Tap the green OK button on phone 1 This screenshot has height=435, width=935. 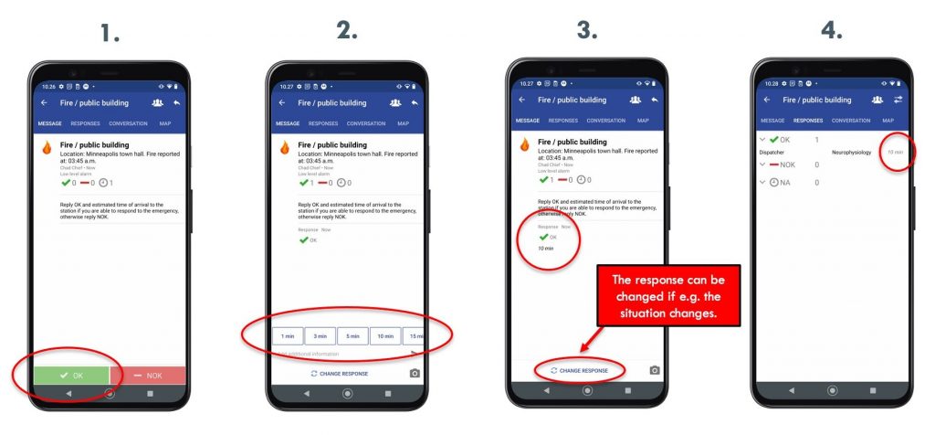tap(71, 375)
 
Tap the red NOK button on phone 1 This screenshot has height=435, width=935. tap(148, 375)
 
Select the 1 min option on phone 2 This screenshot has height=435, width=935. tap(287, 335)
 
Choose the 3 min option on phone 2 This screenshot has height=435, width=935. tap(320, 335)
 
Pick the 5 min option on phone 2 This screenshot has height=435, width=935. tap(352, 335)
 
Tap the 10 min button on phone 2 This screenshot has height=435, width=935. tap(384, 335)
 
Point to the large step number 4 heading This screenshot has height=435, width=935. tap(831, 30)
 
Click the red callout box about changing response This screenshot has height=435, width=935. tap(667, 292)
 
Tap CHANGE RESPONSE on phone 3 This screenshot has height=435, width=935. tap(580, 370)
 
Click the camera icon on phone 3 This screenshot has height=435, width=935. tap(654, 370)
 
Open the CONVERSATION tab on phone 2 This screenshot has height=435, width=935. tap(366, 123)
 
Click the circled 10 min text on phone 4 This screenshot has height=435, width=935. tap(898, 152)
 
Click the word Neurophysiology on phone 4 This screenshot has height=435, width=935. tap(851, 152)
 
